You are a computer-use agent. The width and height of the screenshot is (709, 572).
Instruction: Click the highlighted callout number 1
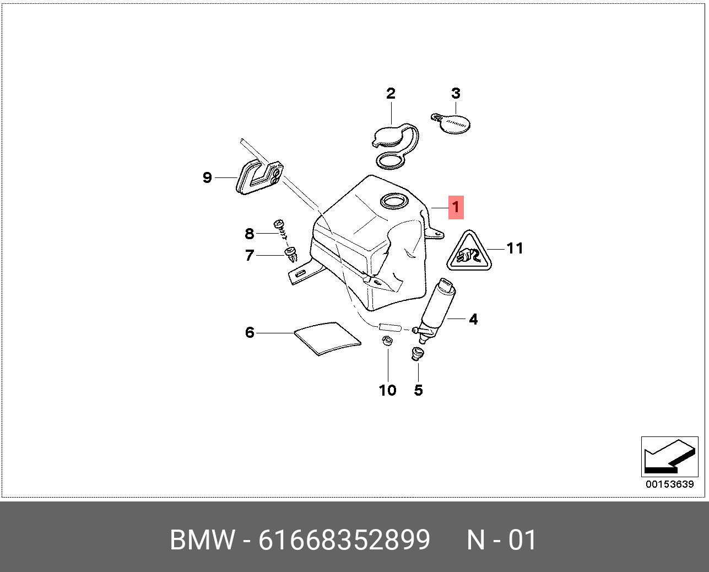(456, 207)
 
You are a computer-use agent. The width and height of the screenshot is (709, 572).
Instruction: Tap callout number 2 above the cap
(391, 93)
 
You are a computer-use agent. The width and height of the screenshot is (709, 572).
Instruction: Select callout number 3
(456, 93)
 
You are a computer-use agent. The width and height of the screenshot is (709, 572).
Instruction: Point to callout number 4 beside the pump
(473, 319)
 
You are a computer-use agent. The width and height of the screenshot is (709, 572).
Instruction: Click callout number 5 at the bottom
(418, 390)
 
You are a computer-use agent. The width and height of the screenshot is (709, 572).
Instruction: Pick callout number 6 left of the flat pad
(250, 332)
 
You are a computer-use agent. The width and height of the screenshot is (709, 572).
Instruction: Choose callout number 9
(207, 177)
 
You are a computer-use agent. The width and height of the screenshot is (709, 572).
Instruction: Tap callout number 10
(387, 390)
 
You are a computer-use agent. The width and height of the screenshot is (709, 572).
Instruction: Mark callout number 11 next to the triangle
(515, 249)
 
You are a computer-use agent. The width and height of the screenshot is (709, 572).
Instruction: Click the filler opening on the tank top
(393, 202)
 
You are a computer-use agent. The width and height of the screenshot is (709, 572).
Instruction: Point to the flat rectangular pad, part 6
(327, 337)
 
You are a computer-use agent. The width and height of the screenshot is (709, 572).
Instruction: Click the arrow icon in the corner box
(668, 457)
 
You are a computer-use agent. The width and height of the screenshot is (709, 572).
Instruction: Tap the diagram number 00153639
(670, 484)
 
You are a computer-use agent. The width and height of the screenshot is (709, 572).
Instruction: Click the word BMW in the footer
(202, 540)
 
